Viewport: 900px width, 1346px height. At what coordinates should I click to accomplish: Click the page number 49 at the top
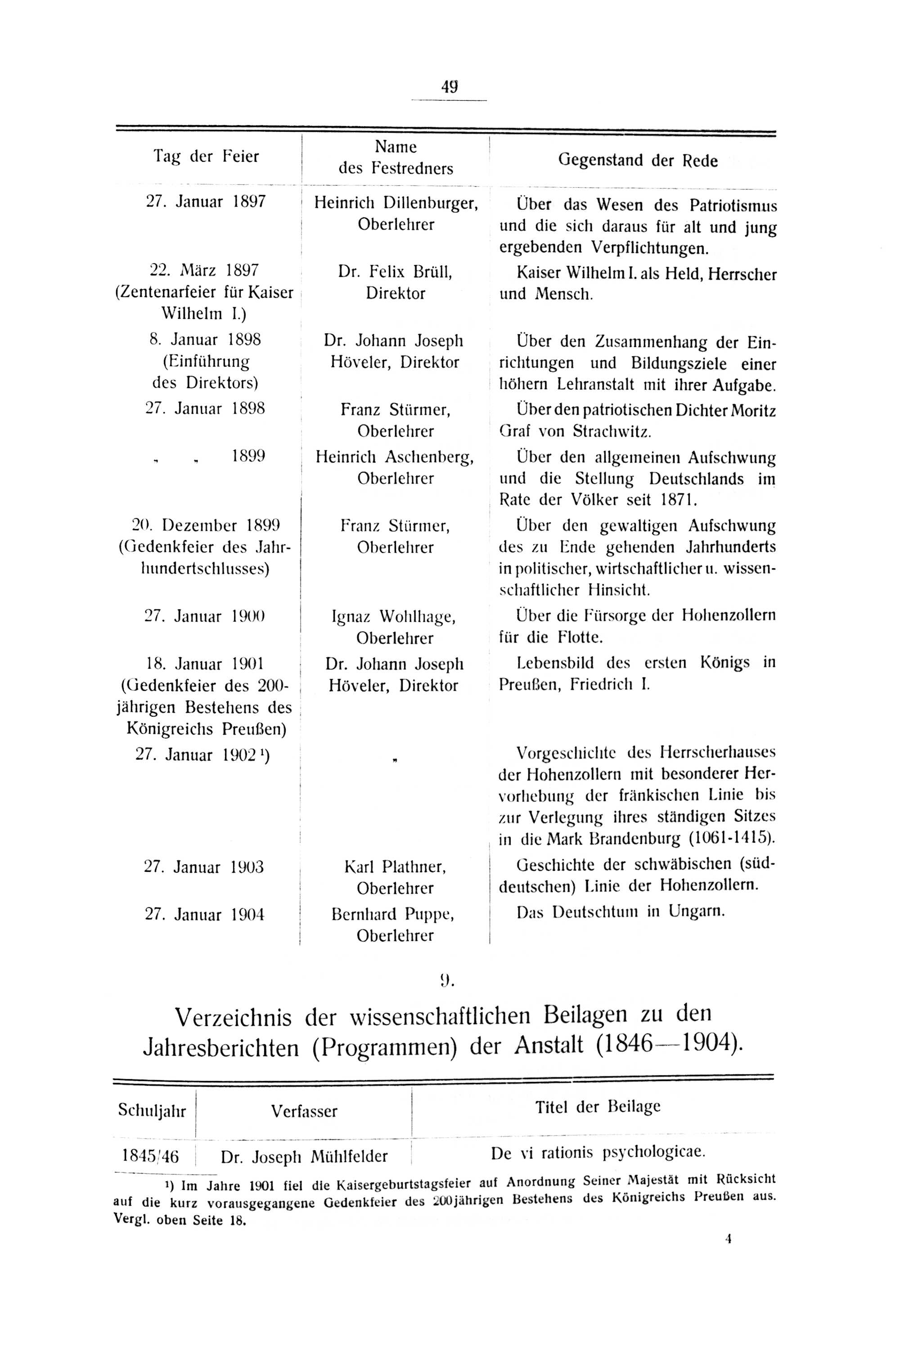[450, 87]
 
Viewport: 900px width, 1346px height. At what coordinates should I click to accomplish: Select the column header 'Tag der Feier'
[206, 156]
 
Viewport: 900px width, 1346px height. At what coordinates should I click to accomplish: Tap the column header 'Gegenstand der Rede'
[638, 161]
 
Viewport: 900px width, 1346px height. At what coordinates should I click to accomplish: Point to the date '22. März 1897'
[204, 271]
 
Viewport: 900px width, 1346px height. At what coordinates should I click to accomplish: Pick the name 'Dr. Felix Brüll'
[396, 271]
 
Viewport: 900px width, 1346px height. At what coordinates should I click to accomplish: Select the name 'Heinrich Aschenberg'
[395, 457]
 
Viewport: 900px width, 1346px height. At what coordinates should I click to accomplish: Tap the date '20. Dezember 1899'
[206, 525]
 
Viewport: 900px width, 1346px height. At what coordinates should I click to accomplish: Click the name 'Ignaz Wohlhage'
[394, 617]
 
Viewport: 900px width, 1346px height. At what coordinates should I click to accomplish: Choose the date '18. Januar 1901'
[205, 664]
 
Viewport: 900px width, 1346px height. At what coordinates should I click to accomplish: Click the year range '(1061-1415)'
[731, 838]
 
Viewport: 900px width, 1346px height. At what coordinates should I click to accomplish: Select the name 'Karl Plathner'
[395, 867]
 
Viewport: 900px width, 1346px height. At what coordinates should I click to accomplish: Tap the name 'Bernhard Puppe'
[394, 915]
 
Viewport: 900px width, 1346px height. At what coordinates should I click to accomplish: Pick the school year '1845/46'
[150, 1156]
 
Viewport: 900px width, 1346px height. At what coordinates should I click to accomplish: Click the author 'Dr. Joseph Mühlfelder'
[304, 1157]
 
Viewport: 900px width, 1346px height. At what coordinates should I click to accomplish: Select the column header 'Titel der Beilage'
[598, 1107]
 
